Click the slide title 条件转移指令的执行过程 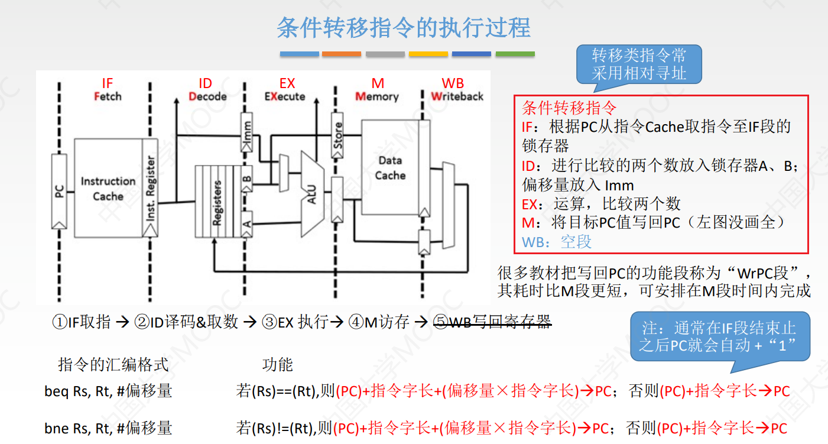click(404, 28)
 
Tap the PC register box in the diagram click(59, 192)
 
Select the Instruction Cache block click(108, 189)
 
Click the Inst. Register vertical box click(151, 189)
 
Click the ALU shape click(312, 193)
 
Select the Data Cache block click(390, 168)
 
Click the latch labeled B click(247, 179)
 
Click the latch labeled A click(247, 223)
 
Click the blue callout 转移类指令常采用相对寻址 click(639, 64)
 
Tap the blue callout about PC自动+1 click(719, 336)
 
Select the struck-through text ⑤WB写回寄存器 click(492, 322)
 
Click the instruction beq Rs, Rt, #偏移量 click(108, 391)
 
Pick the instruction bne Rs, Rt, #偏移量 click(108, 427)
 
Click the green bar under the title click(515, 54)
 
